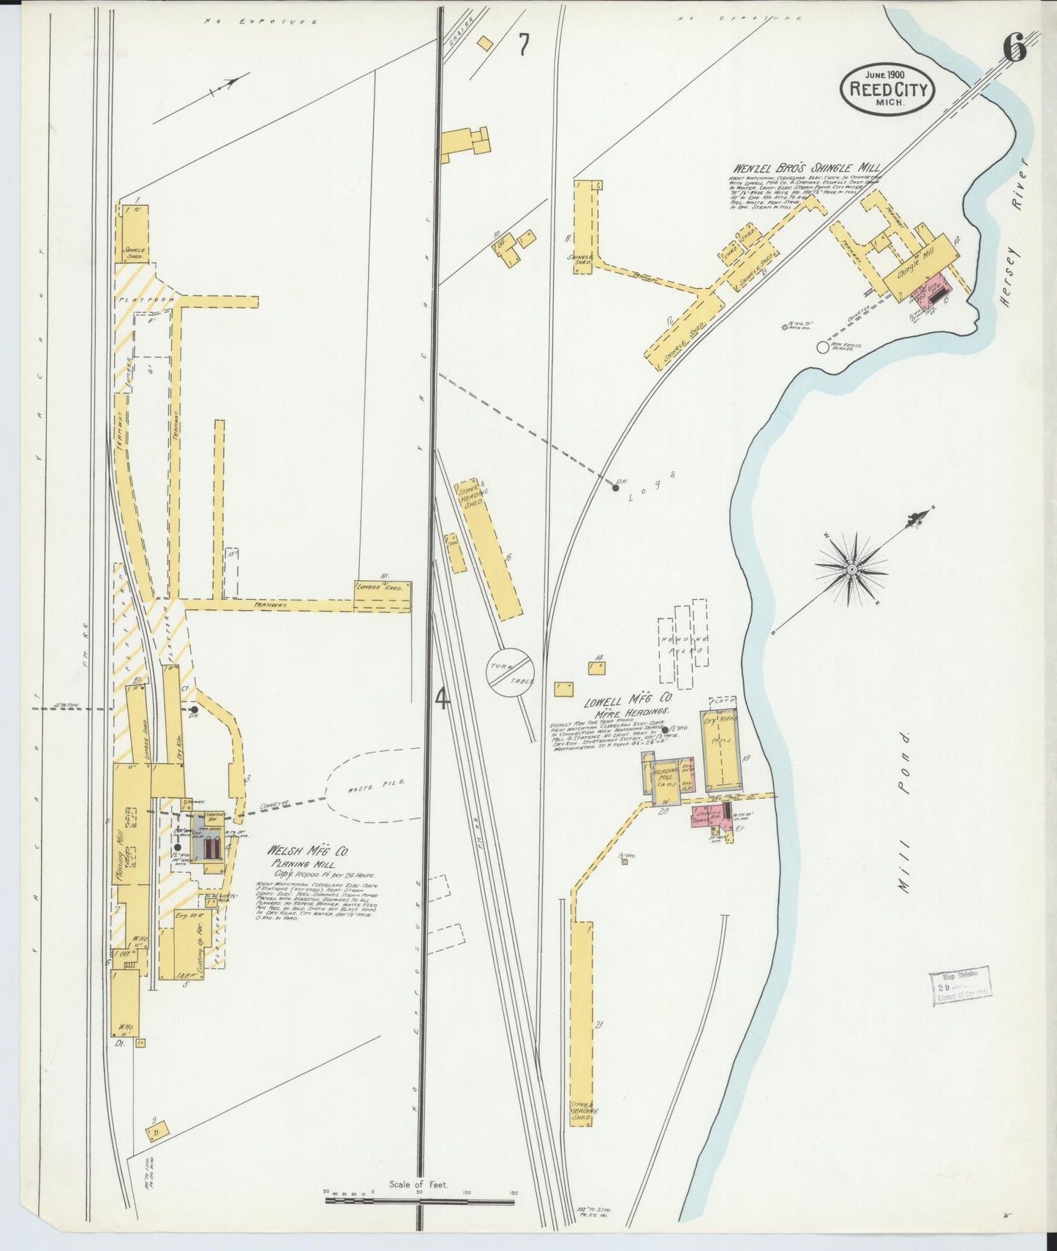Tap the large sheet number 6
point(1015,50)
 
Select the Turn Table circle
point(511,671)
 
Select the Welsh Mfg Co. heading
point(307,852)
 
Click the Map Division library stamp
point(960,985)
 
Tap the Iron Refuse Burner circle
point(823,347)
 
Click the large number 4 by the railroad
point(441,699)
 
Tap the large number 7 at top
point(524,45)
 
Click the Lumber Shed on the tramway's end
point(383,596)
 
